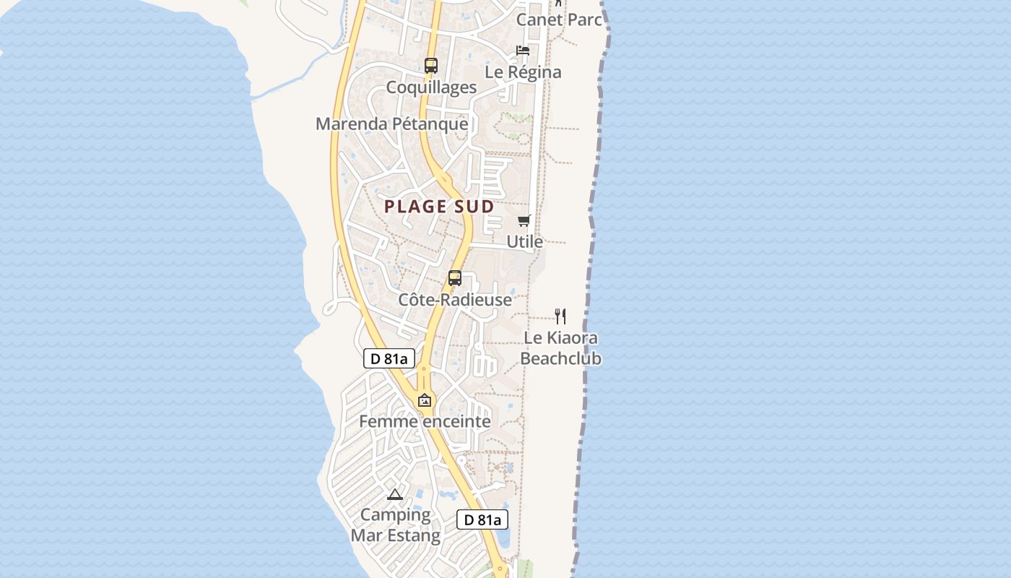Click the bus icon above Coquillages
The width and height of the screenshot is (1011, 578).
coord(431,66)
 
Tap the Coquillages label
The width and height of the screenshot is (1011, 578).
coord(431,87)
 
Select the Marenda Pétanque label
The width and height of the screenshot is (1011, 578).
coord(391,124)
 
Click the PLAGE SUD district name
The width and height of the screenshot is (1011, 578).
coord(439,207)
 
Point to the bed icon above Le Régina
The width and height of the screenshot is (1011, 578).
coord(523,51)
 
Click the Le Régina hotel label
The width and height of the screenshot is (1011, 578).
coord(523,72)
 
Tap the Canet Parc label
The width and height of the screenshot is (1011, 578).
coord(559,20)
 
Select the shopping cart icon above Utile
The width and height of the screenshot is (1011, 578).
coord(524,221)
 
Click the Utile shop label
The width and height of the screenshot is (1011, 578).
coord(524,242)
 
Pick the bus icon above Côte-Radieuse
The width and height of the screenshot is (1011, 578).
coord(455,278)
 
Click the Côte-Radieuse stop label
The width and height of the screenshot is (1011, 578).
coord(455,300)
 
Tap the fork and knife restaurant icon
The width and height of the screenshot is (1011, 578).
coord(560,316)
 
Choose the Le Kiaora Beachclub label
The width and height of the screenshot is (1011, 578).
coord(560,348)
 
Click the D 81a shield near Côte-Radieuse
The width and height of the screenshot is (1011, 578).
coord(389,358)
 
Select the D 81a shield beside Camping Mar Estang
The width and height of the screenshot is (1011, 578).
coord(482,519)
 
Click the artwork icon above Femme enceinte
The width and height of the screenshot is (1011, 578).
coord(425,400)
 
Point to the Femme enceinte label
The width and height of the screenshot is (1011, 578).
coord(425,421)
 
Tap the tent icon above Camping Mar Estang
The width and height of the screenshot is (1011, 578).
coord(394,495)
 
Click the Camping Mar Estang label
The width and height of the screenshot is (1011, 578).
coord(395,525)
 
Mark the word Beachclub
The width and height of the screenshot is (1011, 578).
coord(560,358)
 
